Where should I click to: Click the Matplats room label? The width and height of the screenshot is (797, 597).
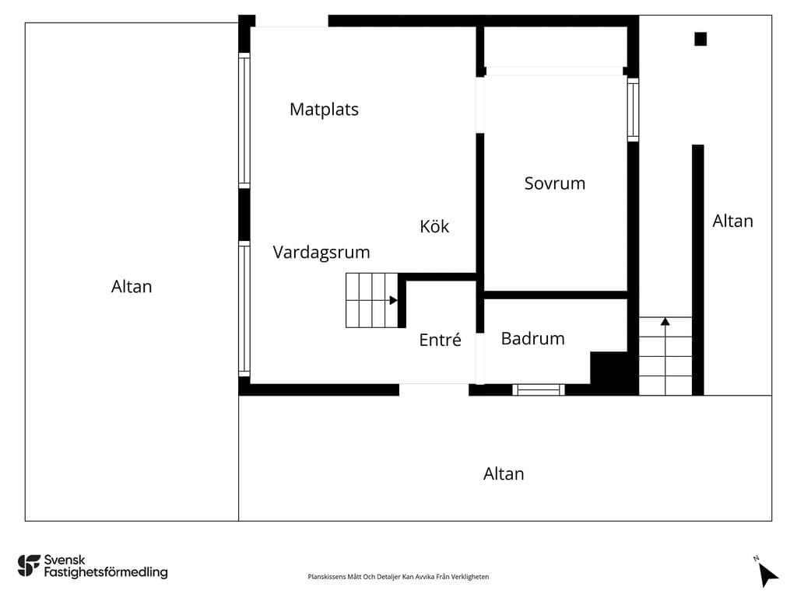[x=324, y=110]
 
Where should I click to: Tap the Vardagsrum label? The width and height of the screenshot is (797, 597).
[x=321, y=253]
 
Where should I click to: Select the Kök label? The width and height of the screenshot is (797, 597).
[x=434, y=226]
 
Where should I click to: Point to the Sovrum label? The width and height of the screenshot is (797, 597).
[x=554, y=183]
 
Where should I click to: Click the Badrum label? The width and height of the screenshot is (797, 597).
[x=532, y=339]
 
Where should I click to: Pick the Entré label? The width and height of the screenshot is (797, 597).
[x=441, y=339]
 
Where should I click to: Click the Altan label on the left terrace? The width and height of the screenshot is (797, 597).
[x=132, y=287]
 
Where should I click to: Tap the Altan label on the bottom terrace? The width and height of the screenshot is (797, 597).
[x=504, y=473]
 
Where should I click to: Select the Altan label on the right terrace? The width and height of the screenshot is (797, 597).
[x=732, y=221]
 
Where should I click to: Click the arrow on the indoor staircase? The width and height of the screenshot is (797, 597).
[x=393, y=301]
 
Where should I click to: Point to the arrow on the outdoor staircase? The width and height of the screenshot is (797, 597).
[x=665, y=321]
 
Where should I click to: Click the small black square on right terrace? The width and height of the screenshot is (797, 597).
[x=700, y=39]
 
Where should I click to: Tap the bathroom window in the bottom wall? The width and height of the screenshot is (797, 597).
[x=539, y=390]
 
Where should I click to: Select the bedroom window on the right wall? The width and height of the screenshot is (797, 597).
[x=633, y=110]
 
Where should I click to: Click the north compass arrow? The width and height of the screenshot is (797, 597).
[x=767, y=575]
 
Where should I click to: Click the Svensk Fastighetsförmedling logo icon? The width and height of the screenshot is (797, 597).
[x=29, y=566]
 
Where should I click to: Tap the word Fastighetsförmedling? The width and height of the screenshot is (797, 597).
[x=106, y=573]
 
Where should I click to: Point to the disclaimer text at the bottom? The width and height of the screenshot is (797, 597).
[x=398, y=577]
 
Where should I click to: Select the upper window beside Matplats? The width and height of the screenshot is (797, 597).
[x=244, y=120]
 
